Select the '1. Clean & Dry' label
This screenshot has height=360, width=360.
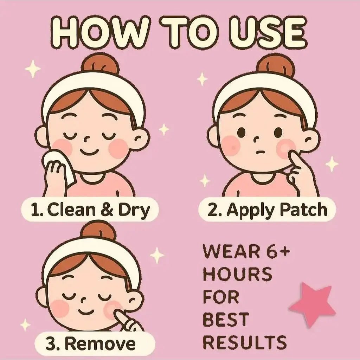(x=90, y=210)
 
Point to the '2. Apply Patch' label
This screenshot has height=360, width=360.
(x=267, y=210)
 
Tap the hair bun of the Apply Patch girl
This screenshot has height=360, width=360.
(x=275, y=65)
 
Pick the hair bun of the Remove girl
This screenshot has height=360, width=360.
(x=98, y=231)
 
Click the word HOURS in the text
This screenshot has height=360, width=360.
(x=237, y=274)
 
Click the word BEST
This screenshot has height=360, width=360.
(x=226, y=319)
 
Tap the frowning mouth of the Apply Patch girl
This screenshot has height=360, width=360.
(x=259, y=152)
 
